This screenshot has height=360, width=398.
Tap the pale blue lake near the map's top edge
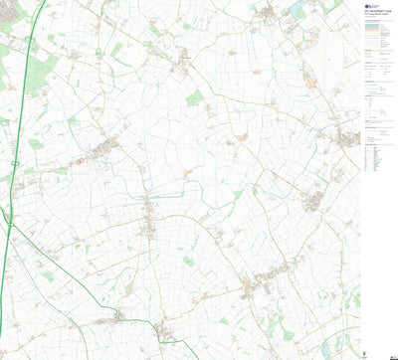pos(298,11)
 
